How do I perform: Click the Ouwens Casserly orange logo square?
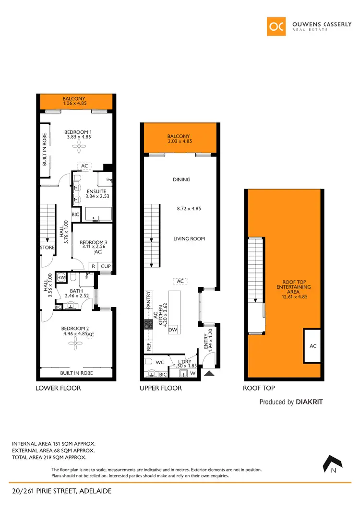coord(276,26)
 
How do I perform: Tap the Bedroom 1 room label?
coord(79,134)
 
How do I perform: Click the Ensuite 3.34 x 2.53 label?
coord(96,194)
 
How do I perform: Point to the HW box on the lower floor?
coord(61,277)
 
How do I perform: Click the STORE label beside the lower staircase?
coord(48,248)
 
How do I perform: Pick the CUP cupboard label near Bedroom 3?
coord(106,266)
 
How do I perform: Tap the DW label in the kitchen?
coord(172,330)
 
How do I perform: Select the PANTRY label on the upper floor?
coord(148,300)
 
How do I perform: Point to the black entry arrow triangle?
coord(209,373)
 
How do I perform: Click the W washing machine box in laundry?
coord(193,373)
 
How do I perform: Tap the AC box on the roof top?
coord(312,346)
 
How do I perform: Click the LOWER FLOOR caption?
coord(58,388)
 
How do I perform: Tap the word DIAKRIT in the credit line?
coord(309,402)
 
